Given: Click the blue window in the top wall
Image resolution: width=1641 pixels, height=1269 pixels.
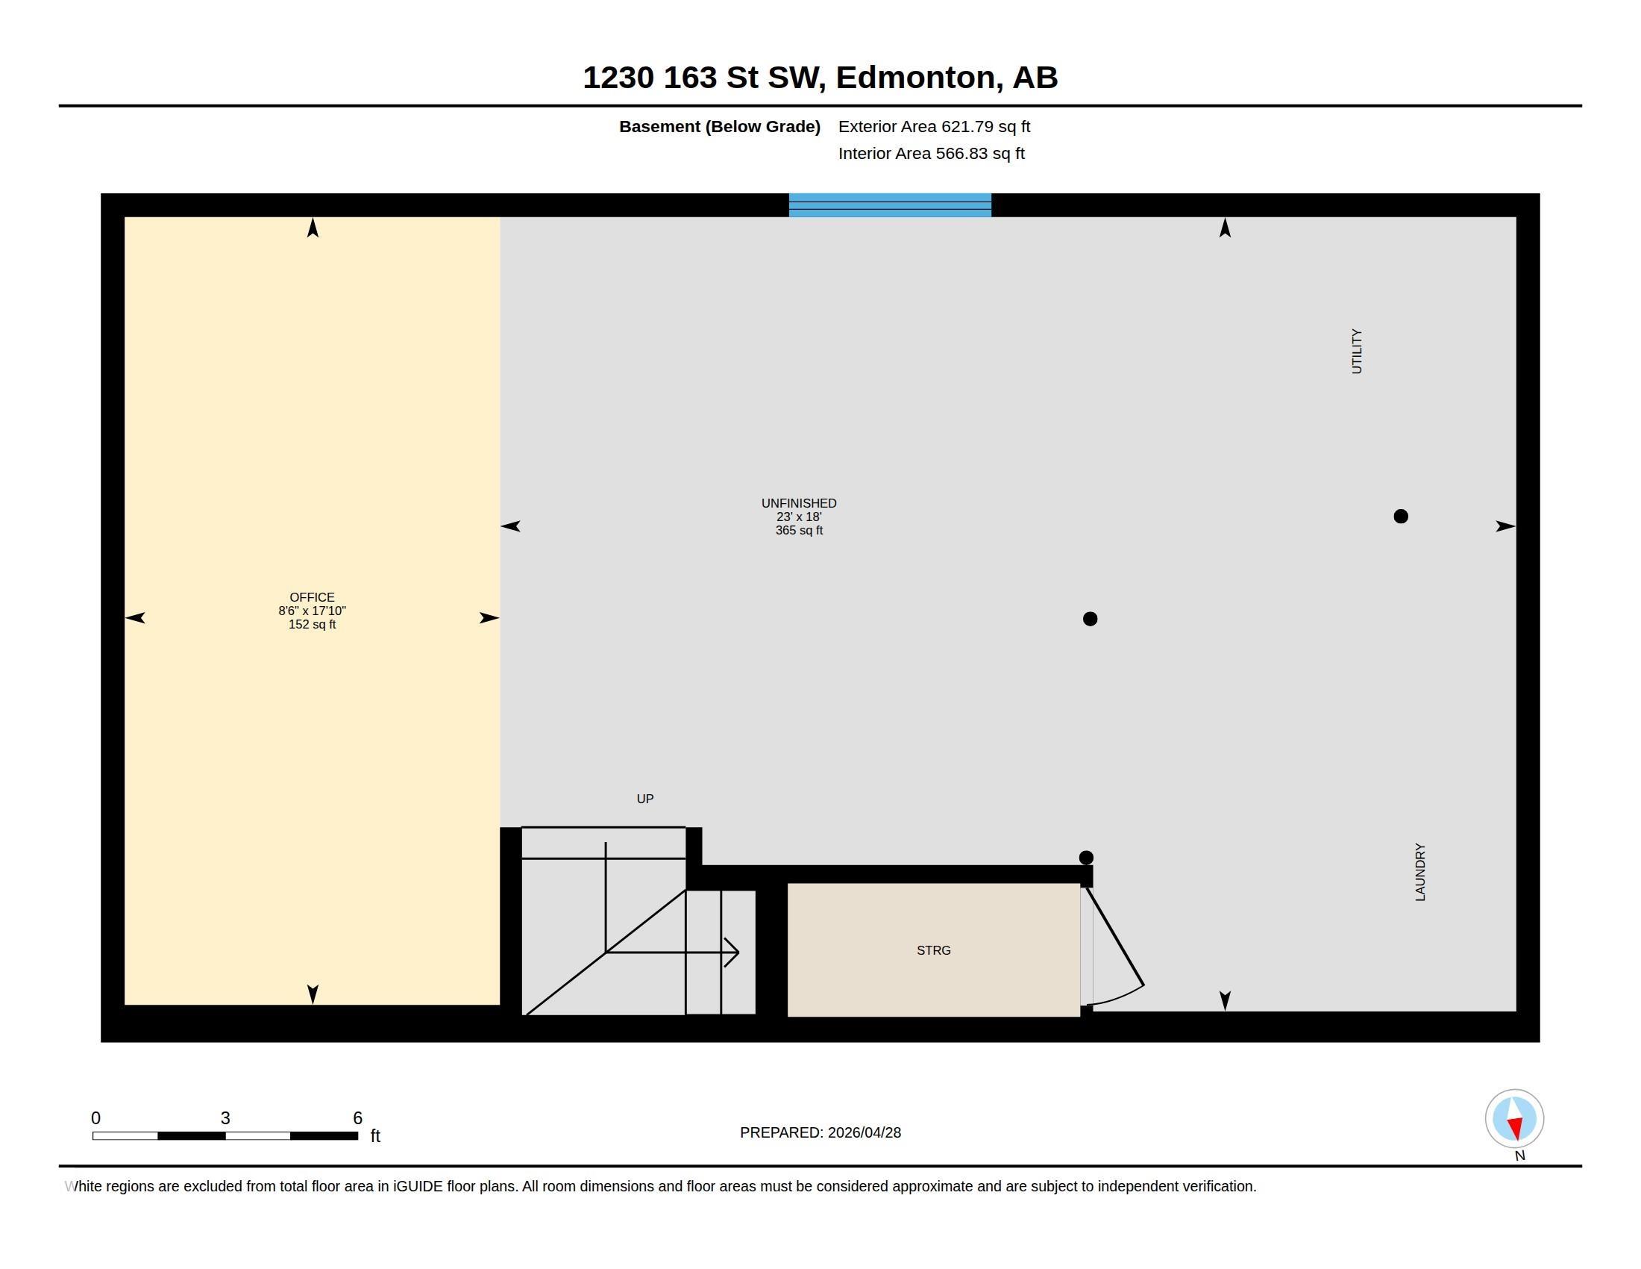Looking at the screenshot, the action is tap(890, 205).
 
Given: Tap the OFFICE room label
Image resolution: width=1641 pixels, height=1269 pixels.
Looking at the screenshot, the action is tap(312, 598).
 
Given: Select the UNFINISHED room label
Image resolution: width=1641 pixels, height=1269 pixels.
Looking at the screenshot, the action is tap(799, 504).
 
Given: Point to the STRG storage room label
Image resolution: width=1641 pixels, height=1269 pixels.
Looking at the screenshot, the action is tap(934, 950).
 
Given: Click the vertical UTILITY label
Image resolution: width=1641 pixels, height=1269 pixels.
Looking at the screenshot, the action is tap(1356, 351).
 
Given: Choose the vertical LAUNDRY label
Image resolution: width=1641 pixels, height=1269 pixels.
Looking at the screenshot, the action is tap(1420, 872).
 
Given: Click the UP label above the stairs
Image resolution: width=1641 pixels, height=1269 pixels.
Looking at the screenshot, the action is tap(645, 799).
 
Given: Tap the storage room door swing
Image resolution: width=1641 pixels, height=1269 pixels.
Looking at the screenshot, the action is tap(1116, 947).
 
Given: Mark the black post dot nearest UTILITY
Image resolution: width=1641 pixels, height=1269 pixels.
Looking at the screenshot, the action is tap(1401, 517).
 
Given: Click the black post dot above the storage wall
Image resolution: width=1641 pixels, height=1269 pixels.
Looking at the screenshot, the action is tap(1086, 858).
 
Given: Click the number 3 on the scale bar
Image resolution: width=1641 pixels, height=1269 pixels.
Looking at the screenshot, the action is tap(225, 1118).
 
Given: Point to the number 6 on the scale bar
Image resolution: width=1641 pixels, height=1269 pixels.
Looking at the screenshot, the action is tap(357, 1118).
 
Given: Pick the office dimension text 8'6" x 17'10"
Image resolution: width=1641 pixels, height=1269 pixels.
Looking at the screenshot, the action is tap(312, 611).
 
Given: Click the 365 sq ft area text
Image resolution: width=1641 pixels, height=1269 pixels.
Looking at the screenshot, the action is tap(799, 531).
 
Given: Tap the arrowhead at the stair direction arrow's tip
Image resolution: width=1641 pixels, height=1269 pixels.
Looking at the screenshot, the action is tap(732, 952).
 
